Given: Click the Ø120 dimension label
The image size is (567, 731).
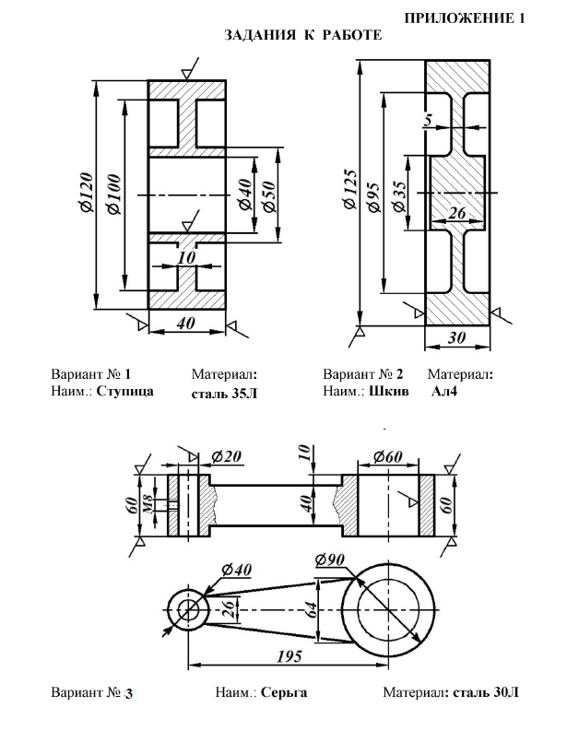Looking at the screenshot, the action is click(x=87, y=193).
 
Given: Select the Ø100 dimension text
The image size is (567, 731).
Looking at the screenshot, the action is click(x=114, y=195).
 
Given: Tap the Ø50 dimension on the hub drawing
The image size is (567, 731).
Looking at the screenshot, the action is click(x=269, y=196).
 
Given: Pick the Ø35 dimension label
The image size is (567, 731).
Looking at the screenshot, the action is click(x=399, y=196).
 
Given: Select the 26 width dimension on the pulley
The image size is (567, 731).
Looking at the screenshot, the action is click(x=457, y=213).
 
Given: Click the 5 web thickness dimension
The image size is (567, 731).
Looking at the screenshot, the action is click(x=428, y=120).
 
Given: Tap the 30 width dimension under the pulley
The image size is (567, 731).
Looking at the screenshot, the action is click(x=457, y=337).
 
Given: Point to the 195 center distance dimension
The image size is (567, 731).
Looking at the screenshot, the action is click(x=289, y=656).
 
